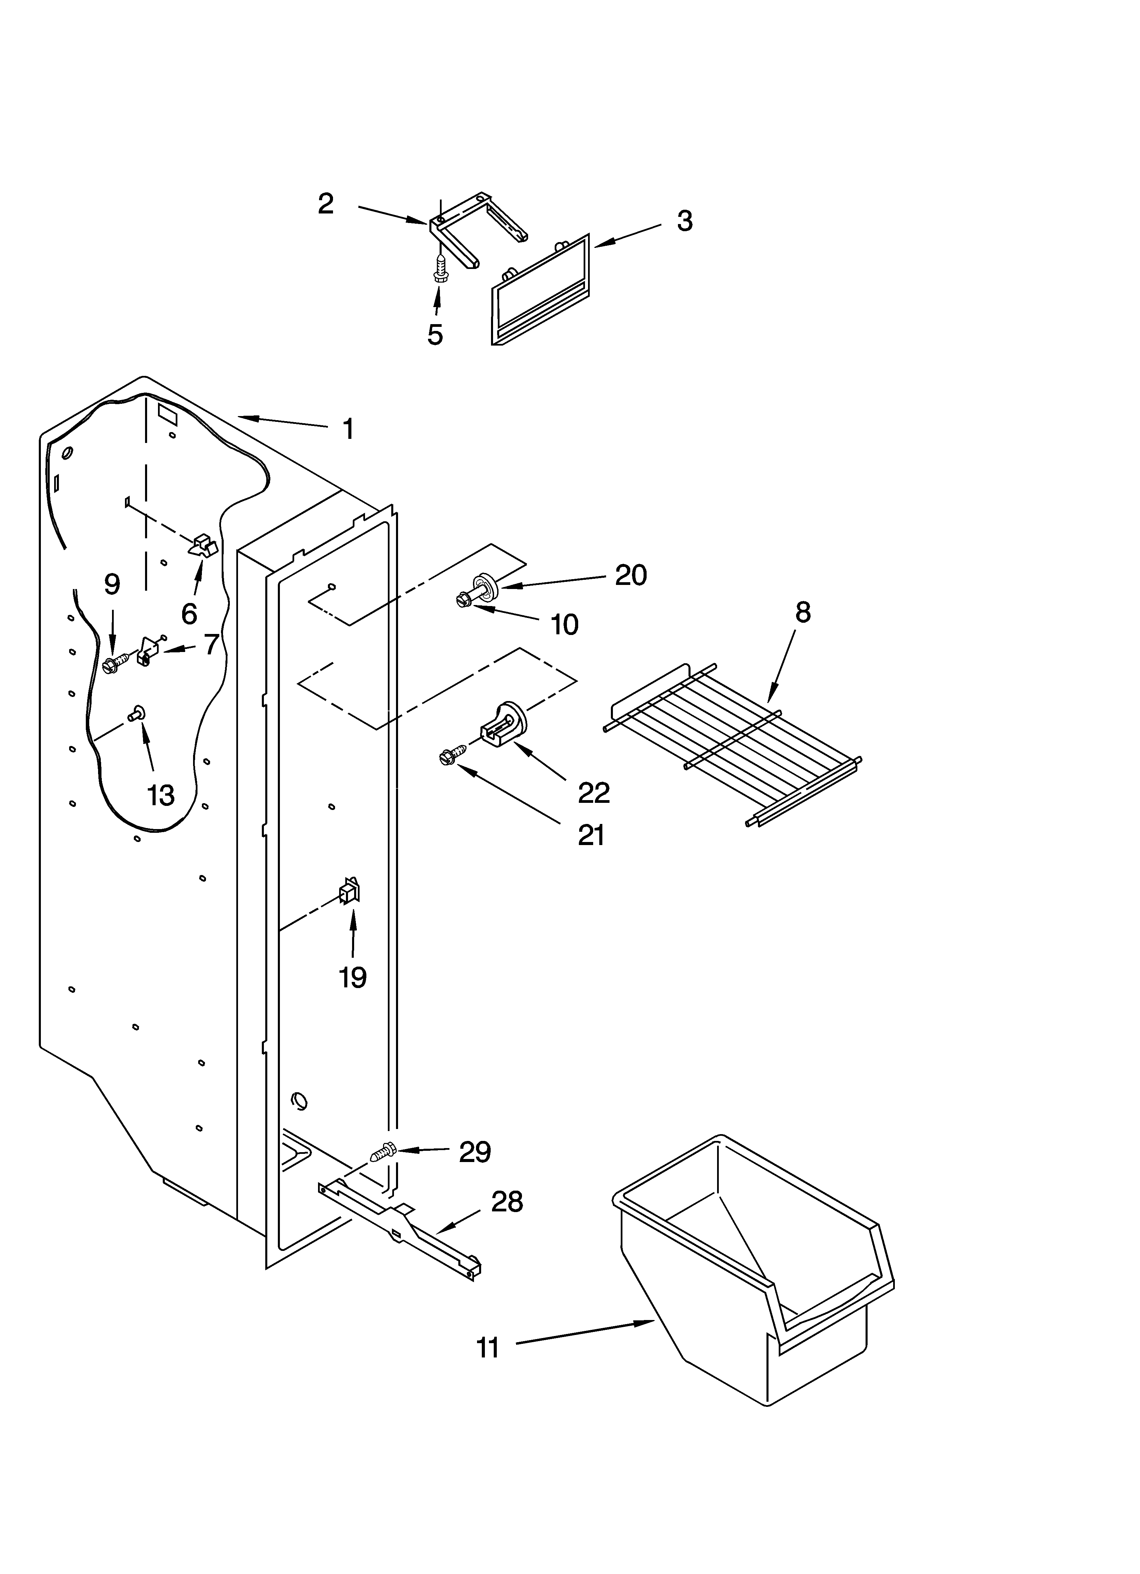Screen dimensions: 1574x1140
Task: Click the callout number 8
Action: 803,612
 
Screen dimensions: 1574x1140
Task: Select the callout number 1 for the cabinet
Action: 349,429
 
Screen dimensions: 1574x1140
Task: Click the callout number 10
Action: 565,625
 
